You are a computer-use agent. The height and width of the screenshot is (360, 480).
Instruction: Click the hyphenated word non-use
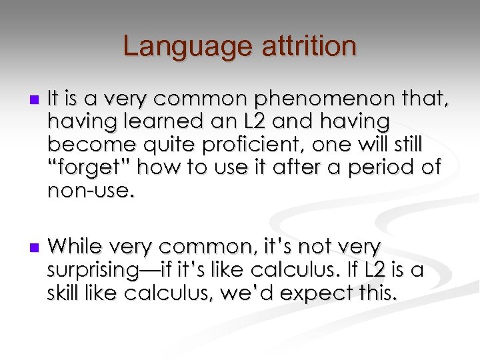click(x=91, y=191)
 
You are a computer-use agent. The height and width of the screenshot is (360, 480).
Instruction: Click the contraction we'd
click(x=246, y=292)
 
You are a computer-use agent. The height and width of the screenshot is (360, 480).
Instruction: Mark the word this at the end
click(x=376, y=292)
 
